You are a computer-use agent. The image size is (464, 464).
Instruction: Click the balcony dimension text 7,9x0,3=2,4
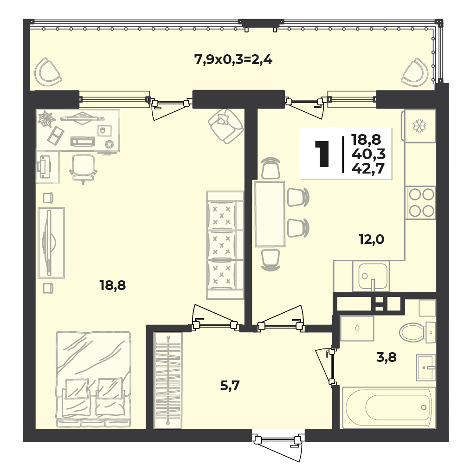click(233, 60)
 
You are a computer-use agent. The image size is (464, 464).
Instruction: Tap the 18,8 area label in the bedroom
click(113, 285)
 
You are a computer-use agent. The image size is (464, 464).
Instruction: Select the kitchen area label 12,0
click(371, 239)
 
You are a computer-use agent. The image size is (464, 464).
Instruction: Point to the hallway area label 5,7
click(230, 386)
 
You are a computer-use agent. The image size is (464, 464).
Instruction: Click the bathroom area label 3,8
click(386, 357)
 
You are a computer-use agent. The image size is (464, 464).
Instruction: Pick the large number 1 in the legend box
click(322, 154)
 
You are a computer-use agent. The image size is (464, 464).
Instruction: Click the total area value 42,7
click(368, 168)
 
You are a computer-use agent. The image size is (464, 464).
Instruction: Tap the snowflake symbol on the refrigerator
click(419, 125)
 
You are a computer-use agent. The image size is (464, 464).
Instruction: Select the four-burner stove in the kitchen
click(421, 203)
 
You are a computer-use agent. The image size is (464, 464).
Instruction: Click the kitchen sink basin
click(373, 276)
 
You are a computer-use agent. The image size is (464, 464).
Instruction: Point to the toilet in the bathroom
click(418, 332)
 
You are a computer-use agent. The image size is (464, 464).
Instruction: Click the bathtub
click(389, 407)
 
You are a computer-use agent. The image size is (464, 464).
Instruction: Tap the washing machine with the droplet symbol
click(357, 328)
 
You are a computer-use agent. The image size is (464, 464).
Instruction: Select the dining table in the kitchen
click(270, 214)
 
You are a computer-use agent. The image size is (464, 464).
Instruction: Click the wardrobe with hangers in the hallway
click(168, 380)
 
